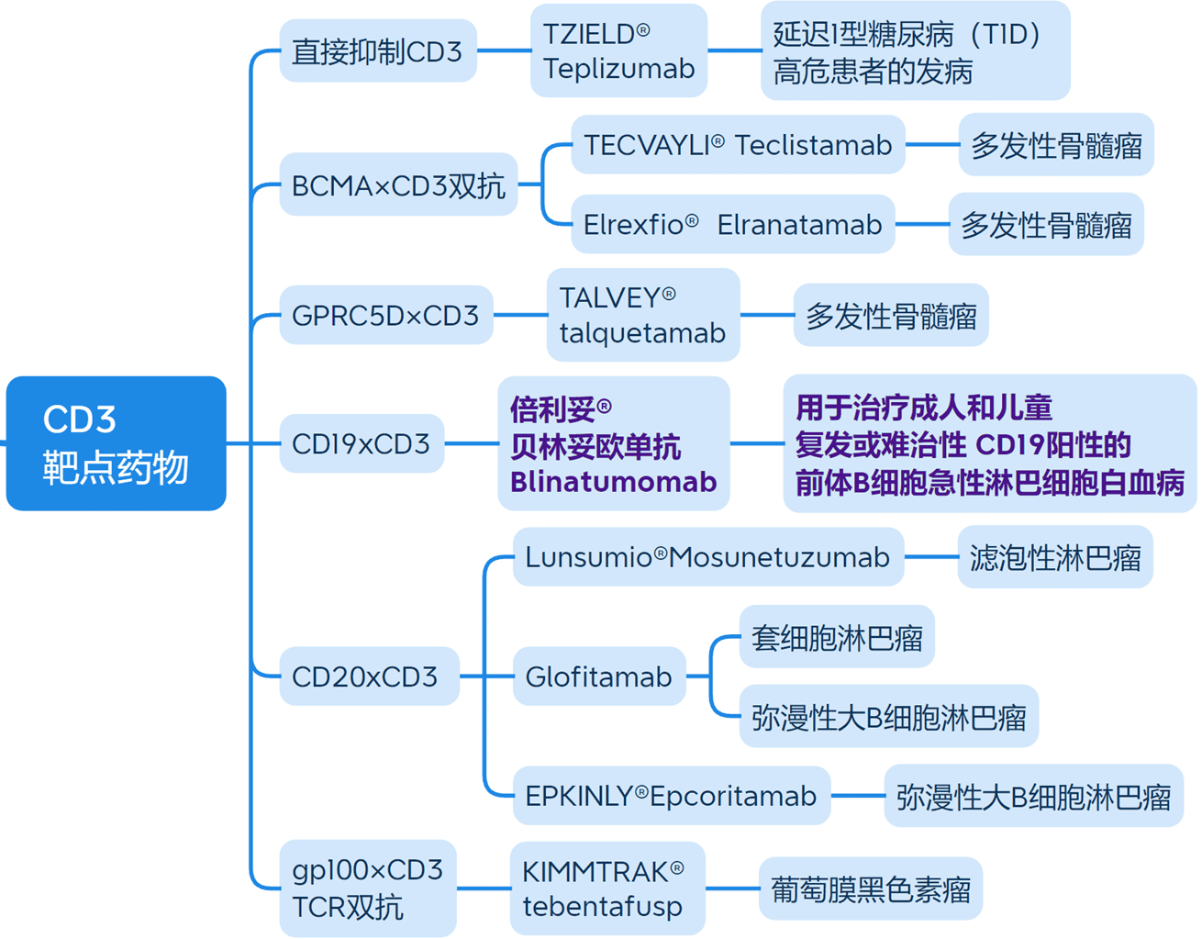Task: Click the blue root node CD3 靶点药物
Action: click(x=116, y=443)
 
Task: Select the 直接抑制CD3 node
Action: click(x=377, y=51)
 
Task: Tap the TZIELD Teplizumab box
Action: click(x=618, y=51)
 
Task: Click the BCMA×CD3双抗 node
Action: click(x=398, y=185)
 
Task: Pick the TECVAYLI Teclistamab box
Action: click(x=738, y=145)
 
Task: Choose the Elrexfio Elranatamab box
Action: click(x=732, y=225)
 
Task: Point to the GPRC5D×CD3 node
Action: click(x=385, y=316)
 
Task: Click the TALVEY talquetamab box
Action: click(x=642, y=315)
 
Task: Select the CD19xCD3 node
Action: click(x=361, y=444)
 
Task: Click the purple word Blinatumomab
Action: click(x=613, y=482)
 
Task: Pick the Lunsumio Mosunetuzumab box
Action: click(x=707, y=557)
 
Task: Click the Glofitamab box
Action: click(x=598, y=677)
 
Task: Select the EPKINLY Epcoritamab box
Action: click(x=671, y=796)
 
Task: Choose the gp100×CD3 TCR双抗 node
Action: click(x=367, y=889)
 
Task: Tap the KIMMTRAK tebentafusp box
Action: click(x=607, y=889)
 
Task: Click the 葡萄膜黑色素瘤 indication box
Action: click(x=870, y=889)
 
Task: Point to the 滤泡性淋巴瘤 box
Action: click(x=1054, y=557)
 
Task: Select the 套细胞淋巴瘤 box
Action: click(x=836, y=637)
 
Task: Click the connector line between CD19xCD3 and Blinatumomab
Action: click(x=471, y=444)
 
